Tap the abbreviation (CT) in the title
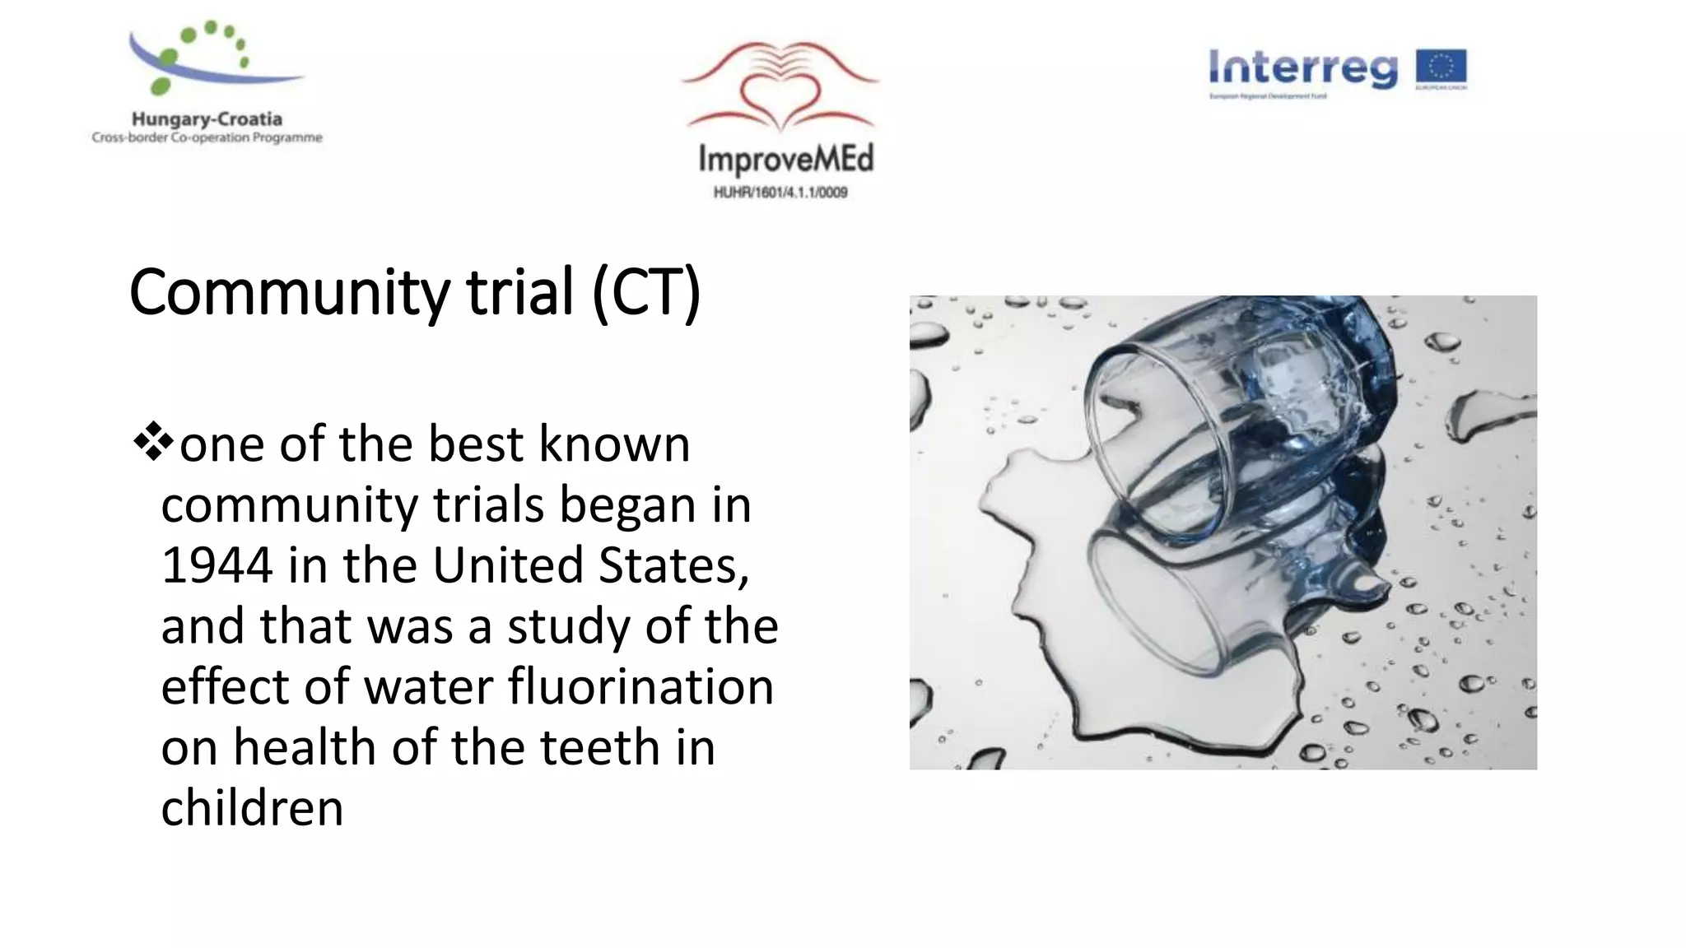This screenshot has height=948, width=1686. point(646,293)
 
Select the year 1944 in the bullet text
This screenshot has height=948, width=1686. point(217,565)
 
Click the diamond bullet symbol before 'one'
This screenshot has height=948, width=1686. point(152,444)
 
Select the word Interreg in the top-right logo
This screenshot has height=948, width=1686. point(1302,68)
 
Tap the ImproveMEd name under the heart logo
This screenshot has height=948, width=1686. point(785,159)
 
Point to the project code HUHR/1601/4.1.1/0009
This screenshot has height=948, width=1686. point(780,193)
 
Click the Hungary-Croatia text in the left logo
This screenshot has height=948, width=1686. point(207,119)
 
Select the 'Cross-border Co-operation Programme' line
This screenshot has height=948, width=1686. point(207,137)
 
